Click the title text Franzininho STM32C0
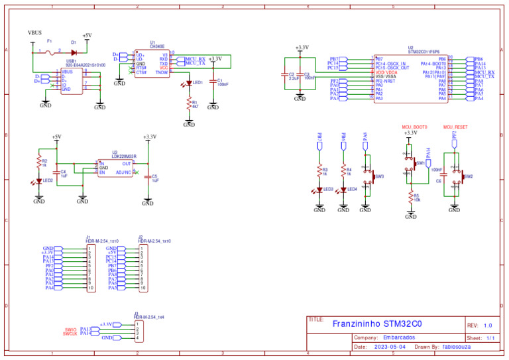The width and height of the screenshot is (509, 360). pos(376,324)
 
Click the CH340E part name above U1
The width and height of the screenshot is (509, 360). pos(157,46)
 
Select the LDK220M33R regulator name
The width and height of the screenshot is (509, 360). pos(124,156)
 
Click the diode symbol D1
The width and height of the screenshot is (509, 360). pos(74,51)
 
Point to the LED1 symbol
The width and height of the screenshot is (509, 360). pos(189,83)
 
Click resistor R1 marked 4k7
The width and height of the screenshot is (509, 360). pos(189,104)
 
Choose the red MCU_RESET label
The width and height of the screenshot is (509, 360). pos(455,126)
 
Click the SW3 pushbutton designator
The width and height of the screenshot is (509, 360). pos(380,177)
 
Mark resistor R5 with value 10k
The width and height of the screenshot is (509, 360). pos(411,197)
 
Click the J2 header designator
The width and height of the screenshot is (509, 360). pos(141,237)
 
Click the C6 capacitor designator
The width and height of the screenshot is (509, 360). pos(438,180)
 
